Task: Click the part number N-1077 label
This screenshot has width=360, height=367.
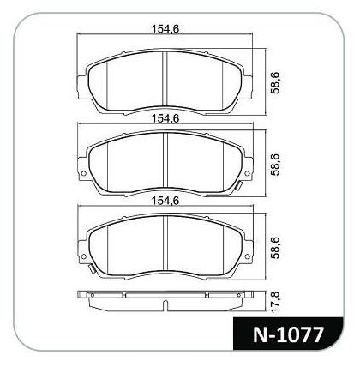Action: pos(288,335)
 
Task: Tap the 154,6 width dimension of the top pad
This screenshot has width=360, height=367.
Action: pos(165,29)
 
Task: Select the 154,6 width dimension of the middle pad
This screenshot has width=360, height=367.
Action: pos(165,118)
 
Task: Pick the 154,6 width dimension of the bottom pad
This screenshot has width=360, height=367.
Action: pos(165,201)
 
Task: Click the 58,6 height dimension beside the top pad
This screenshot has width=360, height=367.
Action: pos(276,83)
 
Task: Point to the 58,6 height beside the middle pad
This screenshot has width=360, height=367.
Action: pos(276,165)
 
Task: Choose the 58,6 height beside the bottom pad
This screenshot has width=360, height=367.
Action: pos(276,247)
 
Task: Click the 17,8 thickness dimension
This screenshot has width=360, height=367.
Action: pos(277,302)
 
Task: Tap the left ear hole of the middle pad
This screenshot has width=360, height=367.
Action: pos(84,173)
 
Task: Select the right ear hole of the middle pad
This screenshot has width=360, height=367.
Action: pos(248,173)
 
